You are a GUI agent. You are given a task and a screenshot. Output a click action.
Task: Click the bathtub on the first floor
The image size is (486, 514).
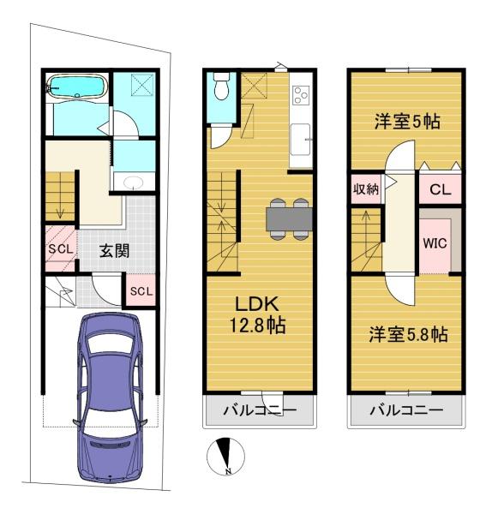click(77, 87)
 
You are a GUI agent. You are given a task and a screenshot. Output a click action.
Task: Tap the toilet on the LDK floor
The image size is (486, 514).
click(221, 87)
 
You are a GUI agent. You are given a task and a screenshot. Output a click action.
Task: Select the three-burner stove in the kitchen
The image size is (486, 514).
click(301, 95)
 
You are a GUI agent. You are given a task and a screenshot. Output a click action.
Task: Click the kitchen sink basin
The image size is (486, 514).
click(300, 140)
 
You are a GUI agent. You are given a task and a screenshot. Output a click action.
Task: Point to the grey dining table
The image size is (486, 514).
click(289, 219)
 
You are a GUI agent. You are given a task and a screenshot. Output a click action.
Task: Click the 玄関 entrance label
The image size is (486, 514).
click(114, 251)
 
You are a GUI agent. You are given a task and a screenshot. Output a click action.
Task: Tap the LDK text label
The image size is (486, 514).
click(257, 304)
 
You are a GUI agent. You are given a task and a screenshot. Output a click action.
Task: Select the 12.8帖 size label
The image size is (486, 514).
click(257, 326)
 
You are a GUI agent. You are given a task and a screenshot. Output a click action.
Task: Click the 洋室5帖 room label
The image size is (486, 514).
click(407, 122)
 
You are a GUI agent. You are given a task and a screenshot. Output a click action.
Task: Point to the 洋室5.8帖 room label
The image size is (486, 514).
click(408, 335)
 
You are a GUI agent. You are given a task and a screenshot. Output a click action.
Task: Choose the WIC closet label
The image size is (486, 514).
click(435, 243)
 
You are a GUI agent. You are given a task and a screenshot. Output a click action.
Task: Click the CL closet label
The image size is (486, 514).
click(440, 189)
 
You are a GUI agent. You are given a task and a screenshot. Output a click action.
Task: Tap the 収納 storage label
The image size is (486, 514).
click(366, 188)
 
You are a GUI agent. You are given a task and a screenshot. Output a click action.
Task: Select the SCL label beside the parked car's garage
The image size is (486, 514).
click(141, 291)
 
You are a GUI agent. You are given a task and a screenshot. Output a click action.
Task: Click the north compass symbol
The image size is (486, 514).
click(225, 457)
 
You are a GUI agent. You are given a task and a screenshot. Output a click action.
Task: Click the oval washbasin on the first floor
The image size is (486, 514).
click(134, 182)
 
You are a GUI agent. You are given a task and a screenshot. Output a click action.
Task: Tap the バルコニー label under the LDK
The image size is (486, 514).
click(260, 410)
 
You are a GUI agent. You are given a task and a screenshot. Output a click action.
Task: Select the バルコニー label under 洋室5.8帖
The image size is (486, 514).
click(406, 410)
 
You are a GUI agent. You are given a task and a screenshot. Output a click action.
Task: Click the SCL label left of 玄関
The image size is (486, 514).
click(61, 249)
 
